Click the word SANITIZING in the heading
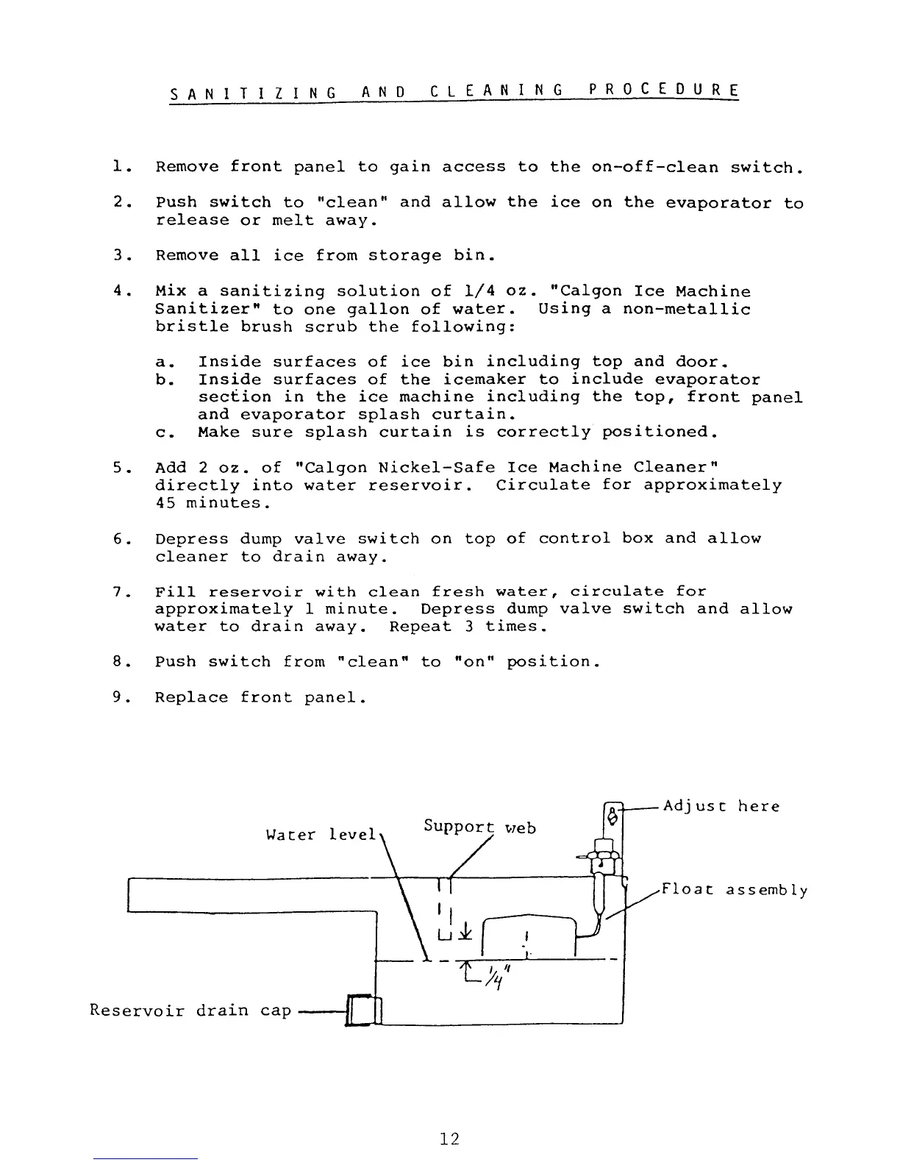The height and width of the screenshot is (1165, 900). pos(253,93)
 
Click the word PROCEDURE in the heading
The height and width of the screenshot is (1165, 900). pos(663,92)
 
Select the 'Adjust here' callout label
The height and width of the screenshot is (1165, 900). pos(721,806)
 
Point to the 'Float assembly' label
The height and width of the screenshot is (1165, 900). pos(735,891)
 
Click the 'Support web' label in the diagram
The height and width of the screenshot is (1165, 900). pos(479,827)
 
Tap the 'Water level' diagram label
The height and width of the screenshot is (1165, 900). pos(321,835)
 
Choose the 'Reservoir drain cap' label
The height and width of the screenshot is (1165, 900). pos(190,1010)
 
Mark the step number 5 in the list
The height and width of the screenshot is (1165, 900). pos(118,468)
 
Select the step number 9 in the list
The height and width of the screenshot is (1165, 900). pos(118,697)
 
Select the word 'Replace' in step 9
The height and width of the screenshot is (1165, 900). pos(191,697)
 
